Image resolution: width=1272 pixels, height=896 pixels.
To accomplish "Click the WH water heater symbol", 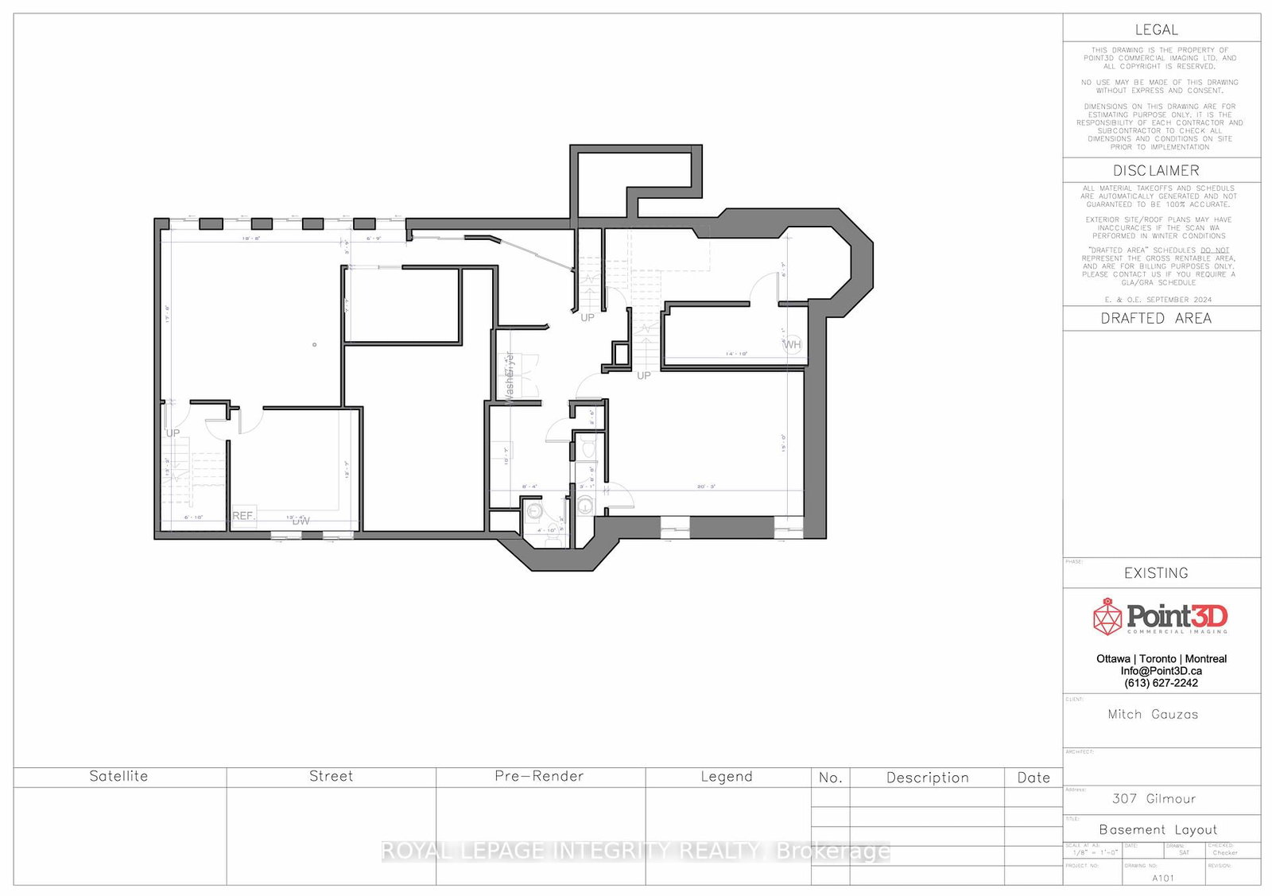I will click(793, 344).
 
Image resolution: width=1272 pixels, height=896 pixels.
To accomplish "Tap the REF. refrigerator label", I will click(243, 516).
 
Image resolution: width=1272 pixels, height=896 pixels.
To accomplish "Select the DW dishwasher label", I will click(301, 522).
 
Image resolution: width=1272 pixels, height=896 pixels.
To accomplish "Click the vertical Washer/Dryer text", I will click(510, 378).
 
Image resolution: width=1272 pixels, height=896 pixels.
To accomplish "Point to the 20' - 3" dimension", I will click(706, 487).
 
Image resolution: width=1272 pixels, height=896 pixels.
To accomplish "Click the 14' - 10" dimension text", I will click(736, 354).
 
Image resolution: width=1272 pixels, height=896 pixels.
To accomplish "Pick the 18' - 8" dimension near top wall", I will click(251, 239).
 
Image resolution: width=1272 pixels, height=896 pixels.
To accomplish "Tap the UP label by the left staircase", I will click(173, 433).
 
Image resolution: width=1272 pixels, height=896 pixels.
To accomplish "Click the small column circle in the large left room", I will click(315, 344).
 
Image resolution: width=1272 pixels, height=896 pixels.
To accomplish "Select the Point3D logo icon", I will click(1107, 617).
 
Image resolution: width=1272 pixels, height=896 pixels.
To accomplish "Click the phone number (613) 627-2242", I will click(1161, 683).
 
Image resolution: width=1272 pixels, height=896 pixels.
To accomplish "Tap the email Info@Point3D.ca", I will click(1161, 671).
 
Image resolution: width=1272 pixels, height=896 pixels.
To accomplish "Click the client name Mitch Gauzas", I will click(1153, 715).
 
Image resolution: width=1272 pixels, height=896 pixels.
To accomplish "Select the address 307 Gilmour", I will click(1154, 799).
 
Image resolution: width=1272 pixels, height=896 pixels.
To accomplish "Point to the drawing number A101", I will click(1162, 879).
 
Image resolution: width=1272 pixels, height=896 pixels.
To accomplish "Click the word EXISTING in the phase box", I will click(1156, 573).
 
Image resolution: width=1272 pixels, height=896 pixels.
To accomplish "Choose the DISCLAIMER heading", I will click(1156, 171).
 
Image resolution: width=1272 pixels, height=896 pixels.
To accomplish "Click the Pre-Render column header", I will click(539, 777).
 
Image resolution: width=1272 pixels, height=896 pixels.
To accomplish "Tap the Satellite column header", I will click(118, 777).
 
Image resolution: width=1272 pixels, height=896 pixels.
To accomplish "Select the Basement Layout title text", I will click(1158, 830).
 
